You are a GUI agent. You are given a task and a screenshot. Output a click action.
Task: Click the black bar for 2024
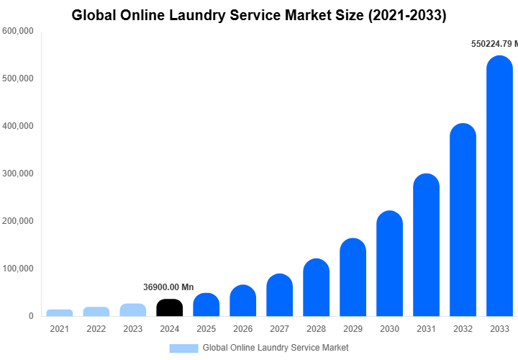tap(169, 307)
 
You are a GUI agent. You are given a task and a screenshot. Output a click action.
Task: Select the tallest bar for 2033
tap(499, 187)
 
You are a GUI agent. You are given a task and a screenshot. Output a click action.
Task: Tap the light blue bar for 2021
tap(60, 312)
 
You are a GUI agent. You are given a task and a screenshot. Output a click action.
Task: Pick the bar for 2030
tap(389, 264)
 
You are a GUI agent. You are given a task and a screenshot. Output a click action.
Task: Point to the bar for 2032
tap(463, 220)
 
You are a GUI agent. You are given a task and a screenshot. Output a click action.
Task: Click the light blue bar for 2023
tap(133, 310)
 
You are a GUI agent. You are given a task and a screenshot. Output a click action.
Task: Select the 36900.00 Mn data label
tap(168, 287)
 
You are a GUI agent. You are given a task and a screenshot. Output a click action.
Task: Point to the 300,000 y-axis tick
tap(18, 174)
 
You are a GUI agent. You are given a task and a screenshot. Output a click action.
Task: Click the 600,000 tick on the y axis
tap(18, 31)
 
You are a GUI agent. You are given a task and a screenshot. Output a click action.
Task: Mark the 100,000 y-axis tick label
tap(18, 269)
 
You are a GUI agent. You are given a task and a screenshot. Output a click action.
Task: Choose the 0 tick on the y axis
tap(30, 316)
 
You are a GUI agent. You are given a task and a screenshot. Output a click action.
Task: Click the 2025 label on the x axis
tap(206, 329)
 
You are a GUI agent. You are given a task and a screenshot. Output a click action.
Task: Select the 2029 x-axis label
tap(353, 329)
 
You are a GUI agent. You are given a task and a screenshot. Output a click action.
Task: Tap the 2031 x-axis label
tap(426, 329)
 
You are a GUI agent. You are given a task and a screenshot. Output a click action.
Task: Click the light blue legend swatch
tap(183, 348)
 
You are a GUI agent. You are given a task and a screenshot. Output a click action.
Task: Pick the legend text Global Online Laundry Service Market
tap(276, 348)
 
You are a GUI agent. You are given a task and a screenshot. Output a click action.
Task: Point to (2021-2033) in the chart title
tap(405, 15)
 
